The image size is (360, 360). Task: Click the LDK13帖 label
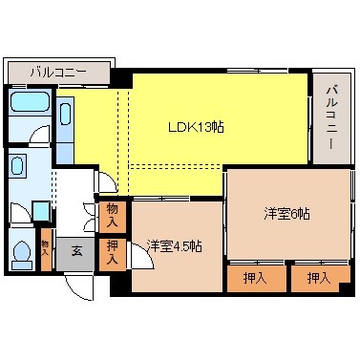pos(197,125)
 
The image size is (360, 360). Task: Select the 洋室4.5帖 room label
pos(174,246)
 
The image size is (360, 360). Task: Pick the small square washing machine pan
pos(40,210)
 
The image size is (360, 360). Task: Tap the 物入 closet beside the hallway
pos(112,215)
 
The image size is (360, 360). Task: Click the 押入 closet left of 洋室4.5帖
pos(112,252)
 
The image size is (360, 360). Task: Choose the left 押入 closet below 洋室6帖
pos(249,278)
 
